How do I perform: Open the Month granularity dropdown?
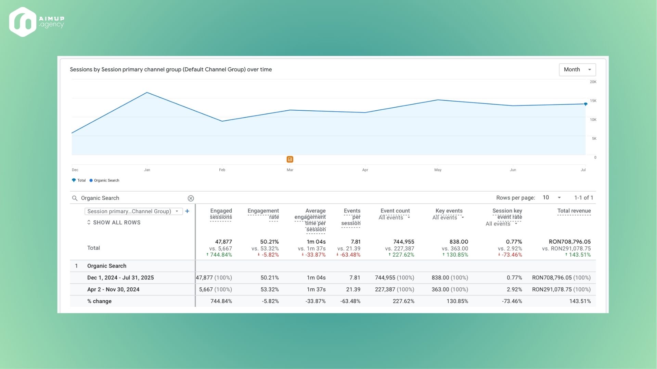[x=577, y=70]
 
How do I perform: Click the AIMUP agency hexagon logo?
[x=23, y=22]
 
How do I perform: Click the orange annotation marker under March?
[x=290, y=159]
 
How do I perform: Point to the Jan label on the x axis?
[x=147, y=170]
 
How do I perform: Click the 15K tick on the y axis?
[x=593, y=101]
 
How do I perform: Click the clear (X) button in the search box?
[x=191, y=199]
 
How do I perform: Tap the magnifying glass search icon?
[x=75, y=198]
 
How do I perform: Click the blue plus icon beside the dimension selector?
[x=187, y=211]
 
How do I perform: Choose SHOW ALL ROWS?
[x=114, y=222]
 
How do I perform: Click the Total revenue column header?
[x=574, y=211]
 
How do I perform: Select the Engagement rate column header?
[x=263, y=214]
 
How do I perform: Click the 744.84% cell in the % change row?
[x=221, y=301]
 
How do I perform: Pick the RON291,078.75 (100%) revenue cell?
[x=561, y=289]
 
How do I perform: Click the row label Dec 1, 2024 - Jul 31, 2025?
[x=120, y=277]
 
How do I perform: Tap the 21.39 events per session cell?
[x=353, y=289]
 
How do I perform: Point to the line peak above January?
[x=147, y=93]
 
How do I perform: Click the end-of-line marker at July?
[x=585, y=104]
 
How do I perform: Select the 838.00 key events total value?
[x=459, y=242]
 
